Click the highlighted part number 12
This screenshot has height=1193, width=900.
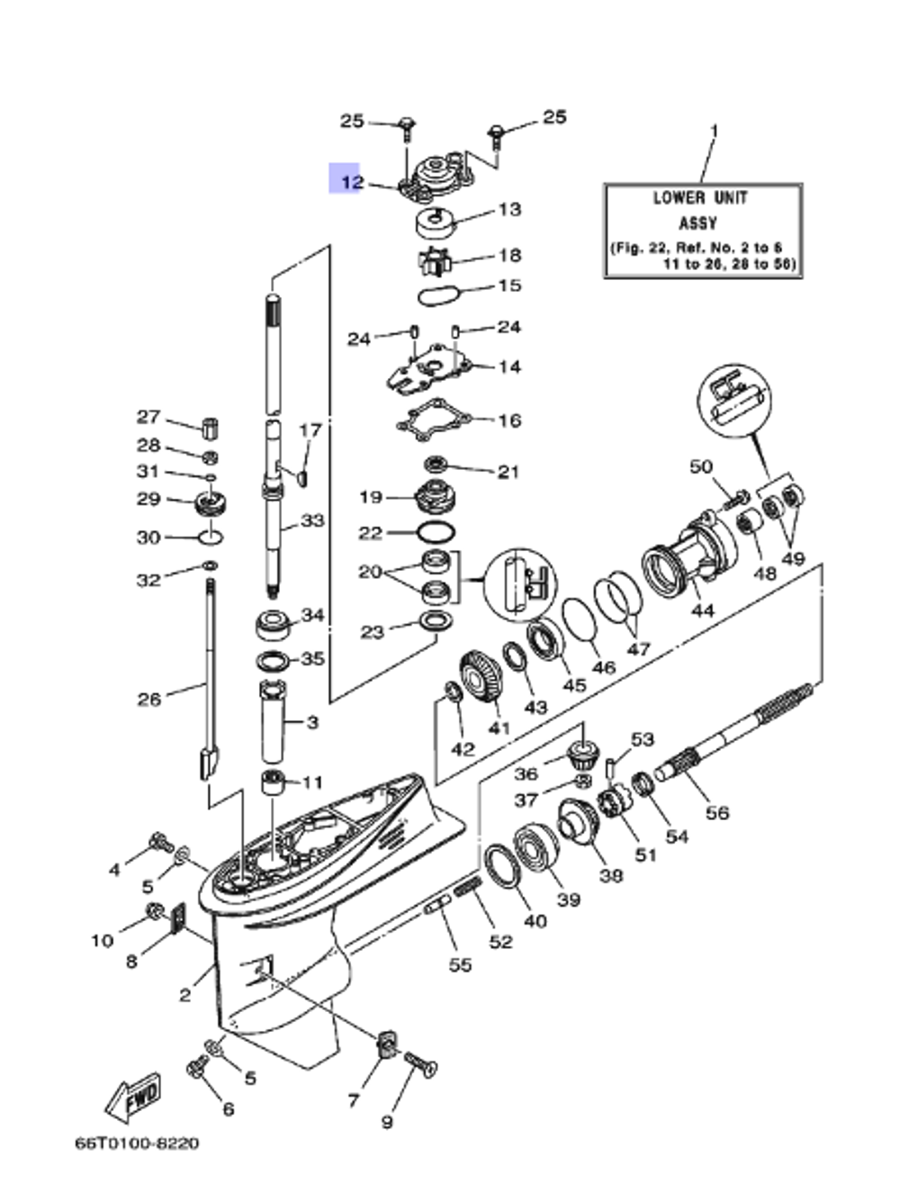351,182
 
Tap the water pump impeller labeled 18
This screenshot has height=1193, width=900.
438,260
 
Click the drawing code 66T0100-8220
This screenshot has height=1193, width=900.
137,1143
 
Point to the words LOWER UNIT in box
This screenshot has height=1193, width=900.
700,197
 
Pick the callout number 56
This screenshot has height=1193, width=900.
716,813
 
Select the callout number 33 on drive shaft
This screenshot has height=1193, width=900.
311,520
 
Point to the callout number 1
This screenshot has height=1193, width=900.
715,131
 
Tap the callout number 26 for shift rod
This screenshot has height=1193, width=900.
149,699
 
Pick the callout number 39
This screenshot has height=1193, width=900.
569,899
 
